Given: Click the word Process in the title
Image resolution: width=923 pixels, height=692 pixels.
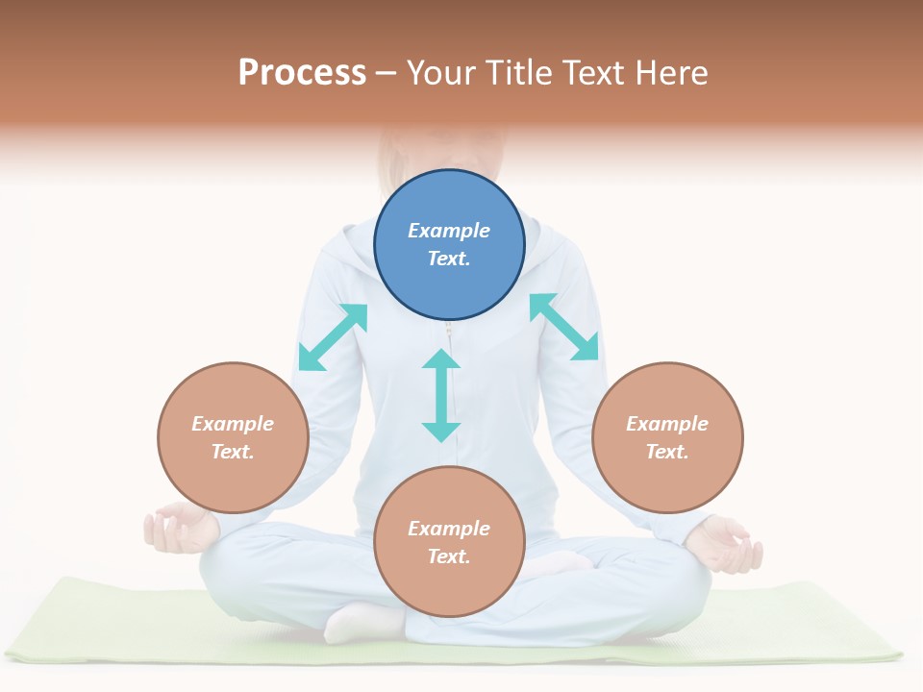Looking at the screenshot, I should (302, 73).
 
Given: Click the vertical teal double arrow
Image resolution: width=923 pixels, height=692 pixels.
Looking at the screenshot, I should (441, 395).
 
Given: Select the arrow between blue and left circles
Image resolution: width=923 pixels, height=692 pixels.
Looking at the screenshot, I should (333, 336).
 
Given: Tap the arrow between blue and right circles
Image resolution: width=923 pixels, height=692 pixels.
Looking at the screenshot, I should (564, 327).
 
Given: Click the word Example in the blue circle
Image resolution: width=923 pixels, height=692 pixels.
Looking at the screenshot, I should (449, 231).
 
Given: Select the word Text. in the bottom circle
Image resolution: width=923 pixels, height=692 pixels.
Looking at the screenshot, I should (449, 556).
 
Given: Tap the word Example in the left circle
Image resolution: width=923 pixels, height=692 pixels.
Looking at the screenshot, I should (233, 424).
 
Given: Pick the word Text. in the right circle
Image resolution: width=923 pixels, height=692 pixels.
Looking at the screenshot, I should (667, 452).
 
